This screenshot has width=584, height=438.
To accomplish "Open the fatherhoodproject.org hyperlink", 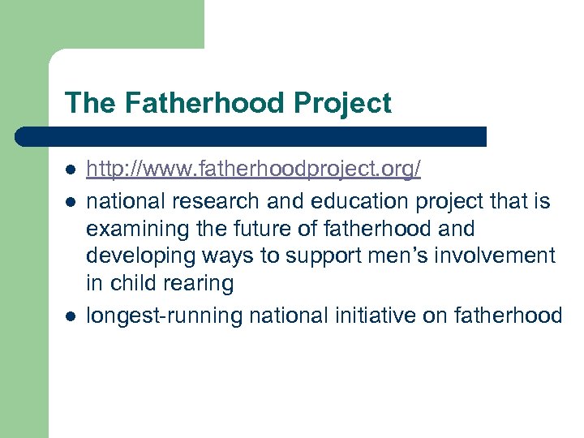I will coord(253,170).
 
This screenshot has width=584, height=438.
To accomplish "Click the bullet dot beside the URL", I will coord(70,171).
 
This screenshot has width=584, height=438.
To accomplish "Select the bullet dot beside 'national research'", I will coord(70,200).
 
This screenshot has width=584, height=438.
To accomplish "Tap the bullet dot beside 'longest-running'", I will coord(70,314).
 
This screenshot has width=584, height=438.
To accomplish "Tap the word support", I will coord(309,256).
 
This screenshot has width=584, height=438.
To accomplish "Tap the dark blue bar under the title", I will coord(251,136).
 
